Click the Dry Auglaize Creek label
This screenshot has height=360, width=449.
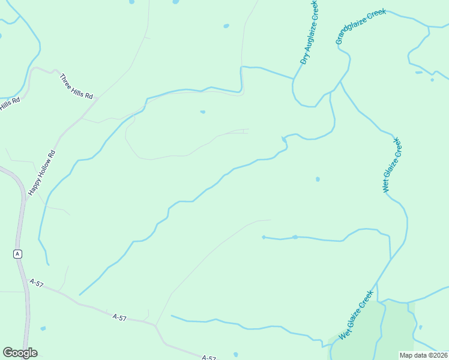click(x=310, y=32)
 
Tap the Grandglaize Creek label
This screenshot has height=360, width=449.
click(x=360, y=27)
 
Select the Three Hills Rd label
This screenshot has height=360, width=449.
click(x=77, y=87)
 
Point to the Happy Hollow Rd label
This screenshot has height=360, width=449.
click(x=42, y=172)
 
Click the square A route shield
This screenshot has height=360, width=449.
click(x=17, y=254)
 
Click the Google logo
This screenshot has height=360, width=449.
click(x=20, y=353)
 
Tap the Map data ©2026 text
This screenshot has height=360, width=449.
click(x=424, y=355)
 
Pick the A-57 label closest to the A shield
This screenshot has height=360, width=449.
click(x=37, y=283)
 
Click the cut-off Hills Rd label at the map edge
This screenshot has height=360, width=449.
click(x=10, y=104)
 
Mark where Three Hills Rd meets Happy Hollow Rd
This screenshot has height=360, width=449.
click(x=97, y=98)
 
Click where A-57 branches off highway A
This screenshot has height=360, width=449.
click(x=28, y=278)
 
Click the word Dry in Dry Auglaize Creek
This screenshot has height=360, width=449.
click(x=305, y=58)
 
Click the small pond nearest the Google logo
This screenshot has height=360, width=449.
click(x=43, y=328)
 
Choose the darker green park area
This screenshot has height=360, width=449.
click(x=396, y=330)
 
